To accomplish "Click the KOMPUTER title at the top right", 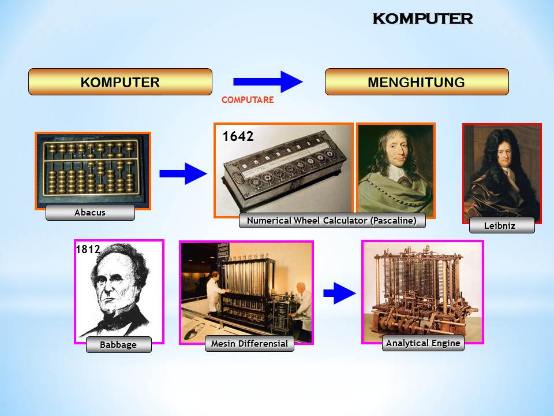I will (422, 18).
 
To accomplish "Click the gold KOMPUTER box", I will (120, 82).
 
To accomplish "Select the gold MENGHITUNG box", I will (416, 82).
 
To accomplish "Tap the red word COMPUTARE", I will (248, 100).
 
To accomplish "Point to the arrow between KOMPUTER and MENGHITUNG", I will (268, 82).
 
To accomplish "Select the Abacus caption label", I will (90, 213).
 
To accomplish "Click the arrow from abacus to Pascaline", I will (182, 173).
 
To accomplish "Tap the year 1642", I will (238, 136).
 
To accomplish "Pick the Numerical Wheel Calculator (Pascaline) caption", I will (332, 221).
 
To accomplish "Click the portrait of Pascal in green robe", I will (395, 169).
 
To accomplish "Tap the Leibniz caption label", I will (501, 225).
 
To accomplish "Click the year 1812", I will (88, 250).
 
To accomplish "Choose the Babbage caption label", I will (118, 345).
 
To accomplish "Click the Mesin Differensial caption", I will (249, 345).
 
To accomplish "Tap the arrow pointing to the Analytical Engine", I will (339, 294).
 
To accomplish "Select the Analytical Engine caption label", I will (423, 343).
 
